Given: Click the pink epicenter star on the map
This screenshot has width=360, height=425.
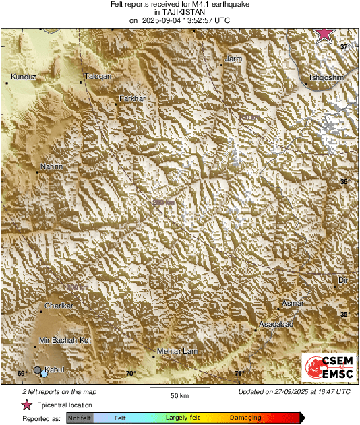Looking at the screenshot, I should coord(325,34).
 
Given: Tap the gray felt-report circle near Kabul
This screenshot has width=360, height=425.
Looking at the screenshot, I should coord(38,370).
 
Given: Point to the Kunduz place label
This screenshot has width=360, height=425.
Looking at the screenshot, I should coord(22,77).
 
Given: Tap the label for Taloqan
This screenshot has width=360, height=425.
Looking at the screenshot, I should coord(97,77).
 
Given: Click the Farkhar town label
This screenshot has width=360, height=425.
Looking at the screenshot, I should coord(132,98).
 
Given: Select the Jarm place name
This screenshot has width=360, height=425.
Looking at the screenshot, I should coord(233,59).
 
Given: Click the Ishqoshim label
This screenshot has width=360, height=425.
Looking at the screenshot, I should coord(326,78).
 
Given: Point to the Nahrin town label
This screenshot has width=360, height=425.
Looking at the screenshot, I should coord(52,166).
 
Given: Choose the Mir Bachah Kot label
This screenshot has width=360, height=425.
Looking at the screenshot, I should coord(65,340).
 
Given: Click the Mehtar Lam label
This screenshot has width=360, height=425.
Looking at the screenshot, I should coord(175,352).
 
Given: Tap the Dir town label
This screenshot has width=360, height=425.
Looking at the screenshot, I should coord(342,280).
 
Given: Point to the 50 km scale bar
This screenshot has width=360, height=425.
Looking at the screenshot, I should coord(178,389).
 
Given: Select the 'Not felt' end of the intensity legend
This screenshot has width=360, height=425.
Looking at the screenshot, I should coord(80,418).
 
